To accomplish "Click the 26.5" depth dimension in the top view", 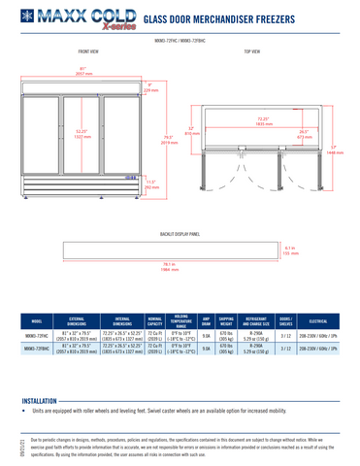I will click(x=304, y=134).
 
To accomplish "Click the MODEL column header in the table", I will click(x=36, y=320).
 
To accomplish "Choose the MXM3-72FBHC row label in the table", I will click(x=36, y=348).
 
